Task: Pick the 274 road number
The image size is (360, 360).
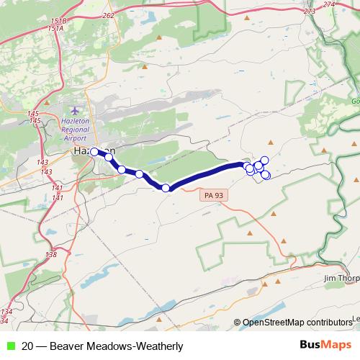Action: click(x=330, y=4)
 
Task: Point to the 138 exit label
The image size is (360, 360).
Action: click(x=51, y=254)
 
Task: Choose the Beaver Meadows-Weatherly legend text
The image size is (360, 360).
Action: click(x=102, y=346)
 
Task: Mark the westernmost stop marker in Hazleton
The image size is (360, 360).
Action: click(x=94, y=152)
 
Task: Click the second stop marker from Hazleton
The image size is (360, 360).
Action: click(x=109, y=156)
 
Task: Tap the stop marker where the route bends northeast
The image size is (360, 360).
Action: click(x=166, y=188)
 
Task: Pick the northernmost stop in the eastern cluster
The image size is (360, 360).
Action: click(x=264, y=160)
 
